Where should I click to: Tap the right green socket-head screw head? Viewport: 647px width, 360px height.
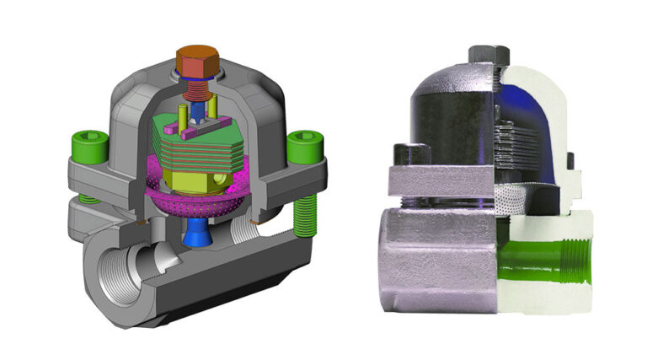pos(300,149)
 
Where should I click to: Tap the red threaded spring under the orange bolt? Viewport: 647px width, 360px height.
pos(198,84)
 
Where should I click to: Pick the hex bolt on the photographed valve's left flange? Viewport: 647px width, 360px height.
pos(408,156)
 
